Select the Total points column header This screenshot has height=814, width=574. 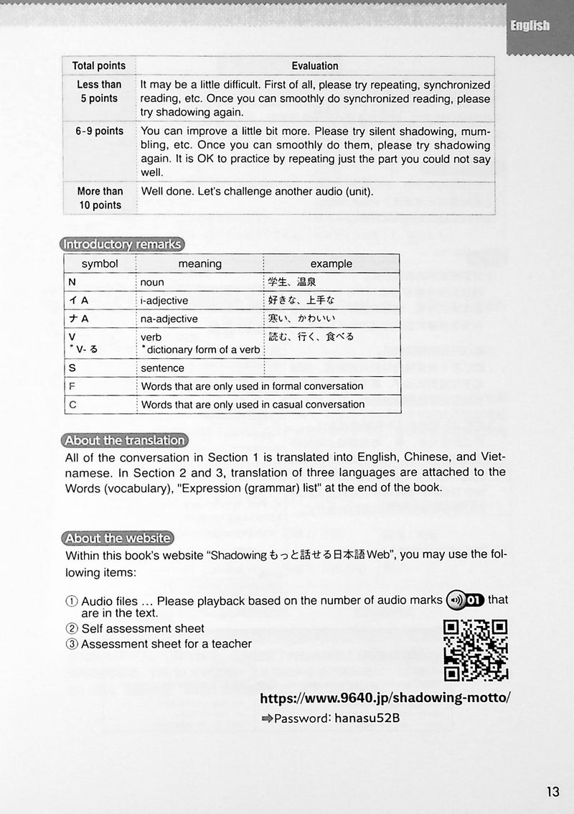pos(98,66)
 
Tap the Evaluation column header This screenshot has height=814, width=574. pos(315,66)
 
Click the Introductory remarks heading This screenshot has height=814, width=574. pos(122,244)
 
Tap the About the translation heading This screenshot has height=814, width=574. pos(124,441)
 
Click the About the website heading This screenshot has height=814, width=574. pos(117,538)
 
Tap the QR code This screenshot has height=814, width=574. pos(476,650)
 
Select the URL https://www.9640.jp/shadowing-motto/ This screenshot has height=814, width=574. pos(386,698)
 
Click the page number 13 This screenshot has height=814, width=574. pos(552,792)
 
